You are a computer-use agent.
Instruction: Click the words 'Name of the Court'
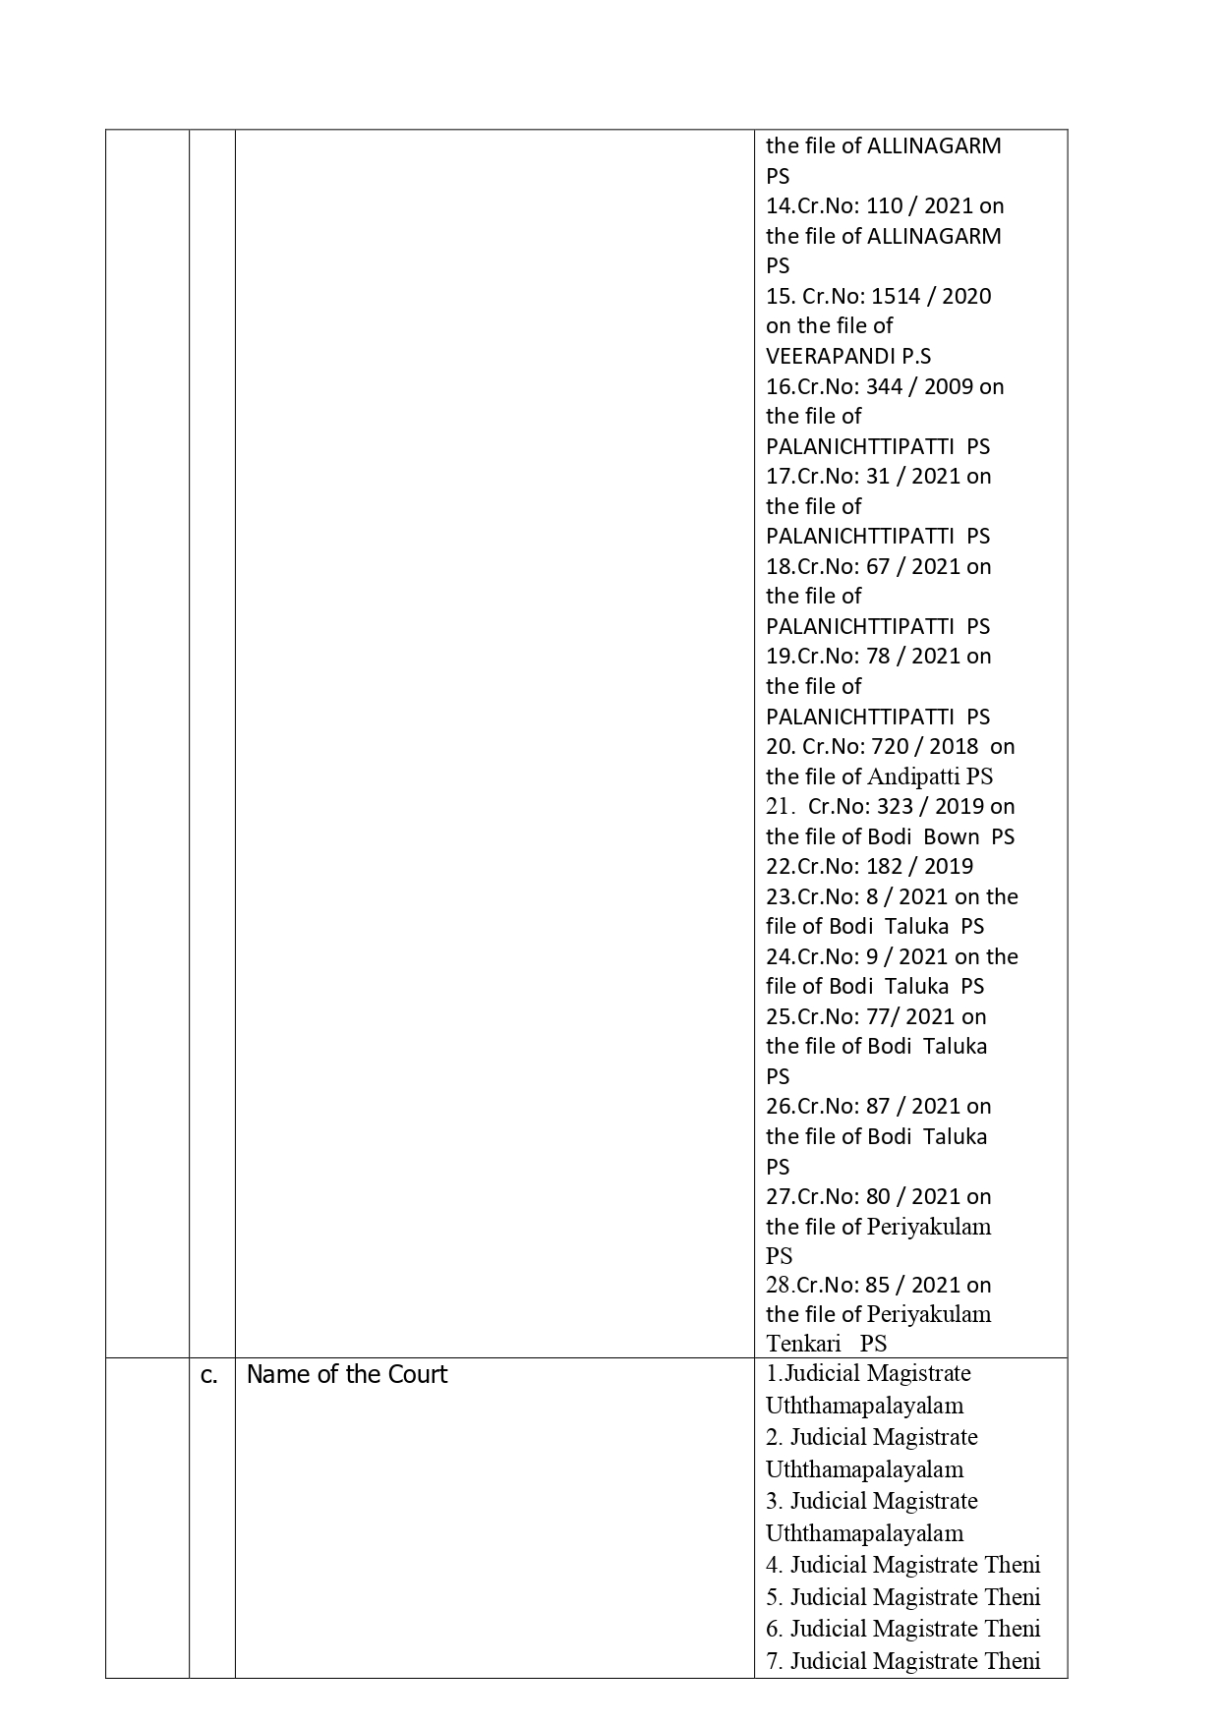tap(346, 1374)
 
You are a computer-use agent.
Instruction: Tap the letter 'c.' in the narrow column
tap(209, 1375)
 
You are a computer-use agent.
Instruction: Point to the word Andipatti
tap(913, 776)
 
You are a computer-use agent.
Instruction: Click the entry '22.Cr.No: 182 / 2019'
tap(869, 866)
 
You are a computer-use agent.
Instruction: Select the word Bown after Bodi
tap(952, 836)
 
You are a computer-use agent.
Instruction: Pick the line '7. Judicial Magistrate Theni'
tap(902, 1660)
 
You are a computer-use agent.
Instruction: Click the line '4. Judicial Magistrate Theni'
tap(902, 1564)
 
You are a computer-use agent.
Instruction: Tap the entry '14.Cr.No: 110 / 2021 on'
tap(885, 205)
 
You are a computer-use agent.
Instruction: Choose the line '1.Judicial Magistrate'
tap(868, 1373)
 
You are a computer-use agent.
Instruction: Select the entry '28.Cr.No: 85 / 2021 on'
tap(878, 1285)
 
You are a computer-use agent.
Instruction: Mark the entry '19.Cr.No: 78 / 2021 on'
tap(878, 656)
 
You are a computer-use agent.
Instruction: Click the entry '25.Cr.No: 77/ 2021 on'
tap(876, 1016)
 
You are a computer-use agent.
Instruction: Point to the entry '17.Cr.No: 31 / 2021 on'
tap(878, 476)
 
